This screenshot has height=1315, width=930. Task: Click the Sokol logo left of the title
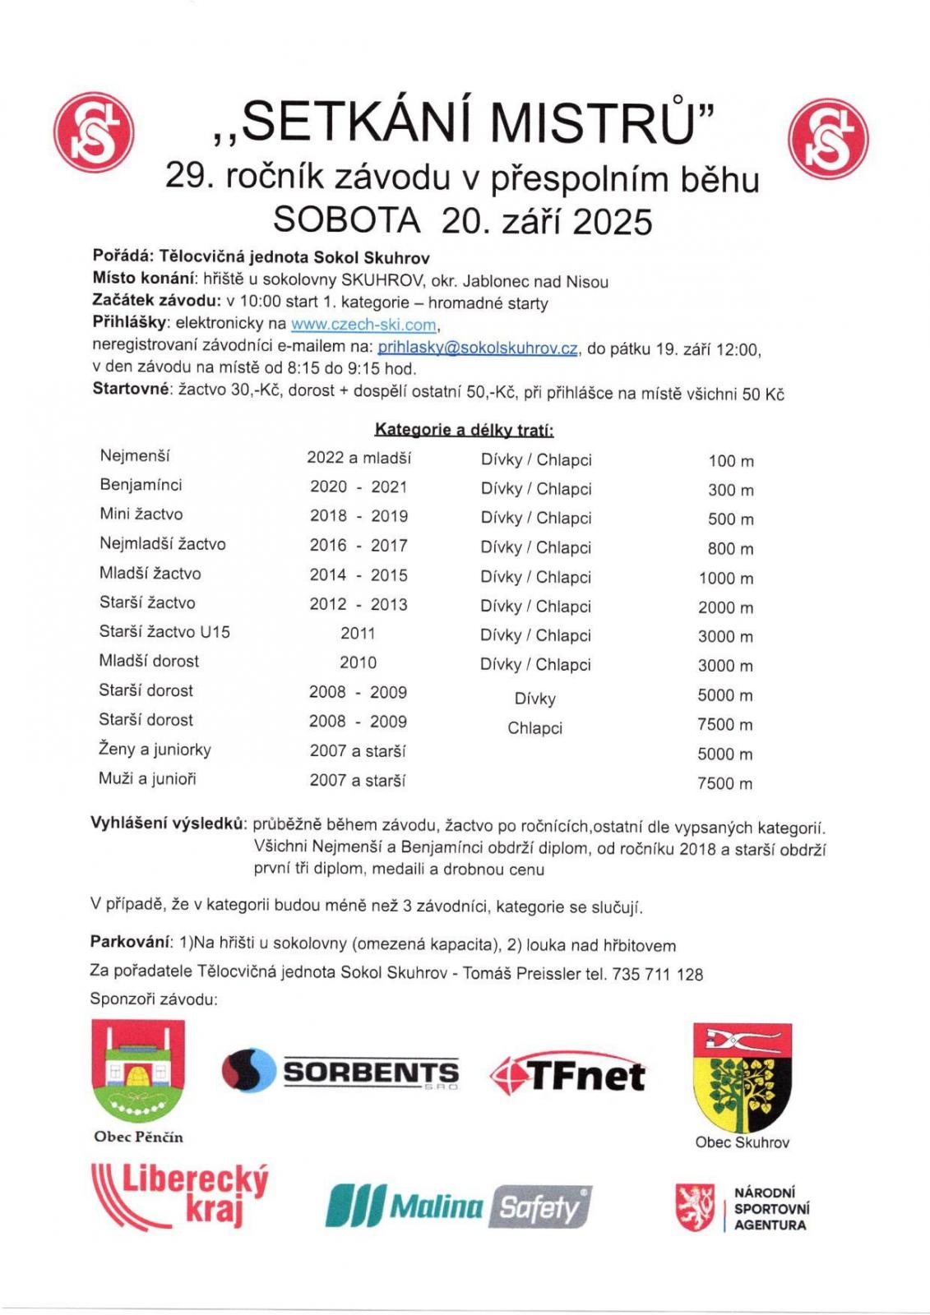coord(93,136)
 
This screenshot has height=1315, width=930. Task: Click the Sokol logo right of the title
coord(827,136)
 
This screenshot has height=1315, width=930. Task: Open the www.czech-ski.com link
coord(363,325)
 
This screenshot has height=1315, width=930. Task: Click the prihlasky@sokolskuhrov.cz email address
coord(477,348)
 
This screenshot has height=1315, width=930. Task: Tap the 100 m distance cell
coord(730,461)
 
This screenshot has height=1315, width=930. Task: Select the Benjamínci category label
coord(141,485)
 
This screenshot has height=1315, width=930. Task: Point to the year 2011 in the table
coord(358,634)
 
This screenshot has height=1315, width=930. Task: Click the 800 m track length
coord(730,548)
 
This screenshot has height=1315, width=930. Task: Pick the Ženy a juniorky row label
coord(155,750)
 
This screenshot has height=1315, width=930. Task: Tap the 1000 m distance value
coord(725,578)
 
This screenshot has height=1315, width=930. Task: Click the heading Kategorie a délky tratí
coord(464,430)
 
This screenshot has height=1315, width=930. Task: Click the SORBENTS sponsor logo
coord(340,1072)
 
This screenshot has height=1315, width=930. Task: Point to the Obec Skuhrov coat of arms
coord(742,1077)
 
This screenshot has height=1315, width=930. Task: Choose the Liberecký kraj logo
coord(179,1195)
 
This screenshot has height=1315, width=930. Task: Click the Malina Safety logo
coord(457,1207)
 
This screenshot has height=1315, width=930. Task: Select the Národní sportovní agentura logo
coord(742,1208)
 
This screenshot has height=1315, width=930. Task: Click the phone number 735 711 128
coord(657,975)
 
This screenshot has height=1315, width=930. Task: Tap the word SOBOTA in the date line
coord(346,220)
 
